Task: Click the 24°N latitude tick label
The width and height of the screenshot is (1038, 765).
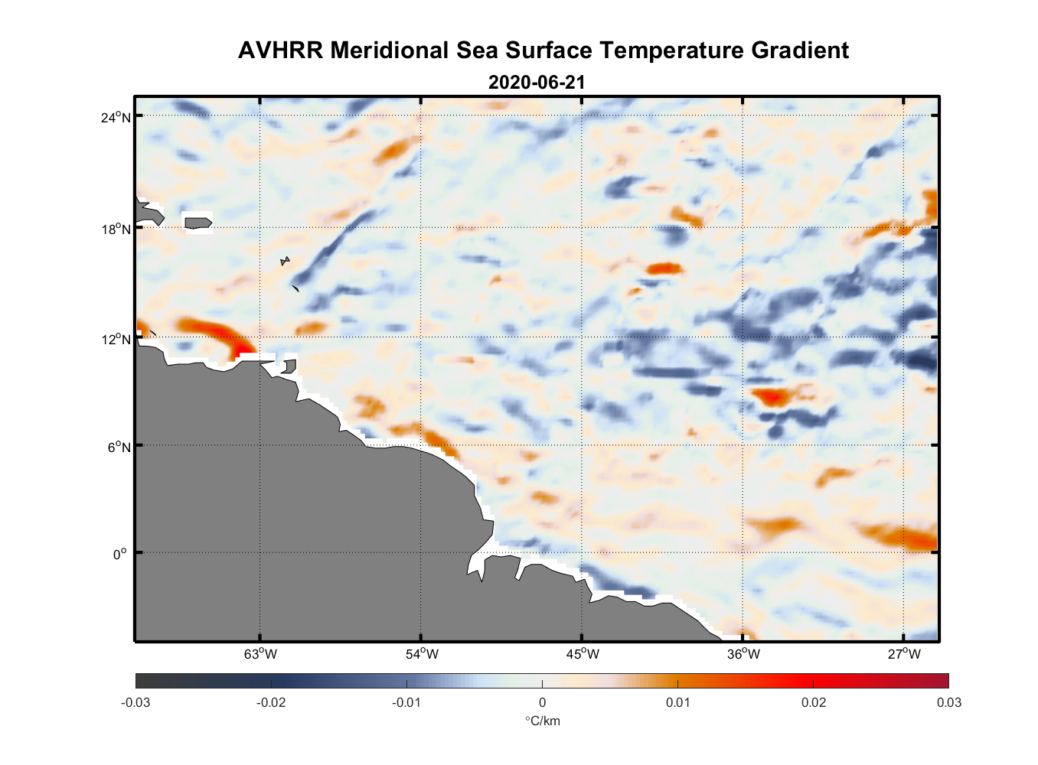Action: click(x=116, y=117)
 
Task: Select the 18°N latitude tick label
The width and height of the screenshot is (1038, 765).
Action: click(x=116, y=229)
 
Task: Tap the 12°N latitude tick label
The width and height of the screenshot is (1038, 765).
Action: click(x=116, y=339)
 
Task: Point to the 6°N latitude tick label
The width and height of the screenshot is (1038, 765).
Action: click(x=119, y=447)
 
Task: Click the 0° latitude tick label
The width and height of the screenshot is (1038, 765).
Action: click(x=120, y=554)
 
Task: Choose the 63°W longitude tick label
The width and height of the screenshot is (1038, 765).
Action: click(x=261, y=654)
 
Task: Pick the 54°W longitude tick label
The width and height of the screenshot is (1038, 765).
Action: click(x=422, y=654)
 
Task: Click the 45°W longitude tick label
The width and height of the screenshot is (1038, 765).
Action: click(x=583, y=654)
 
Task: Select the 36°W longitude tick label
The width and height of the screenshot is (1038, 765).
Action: click(x=743, y=654)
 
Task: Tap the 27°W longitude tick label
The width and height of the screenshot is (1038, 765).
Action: click(x=904, y=654)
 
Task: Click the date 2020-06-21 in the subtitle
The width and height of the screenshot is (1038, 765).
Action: click(x=537, y=83)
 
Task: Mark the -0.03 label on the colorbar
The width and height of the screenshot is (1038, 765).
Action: click(x=135, y=703)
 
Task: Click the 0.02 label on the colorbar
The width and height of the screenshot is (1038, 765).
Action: click(x=813, y=703)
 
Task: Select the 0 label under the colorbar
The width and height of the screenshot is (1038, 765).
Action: click(x=542, y=703)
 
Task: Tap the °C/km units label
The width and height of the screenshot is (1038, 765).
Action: click(x=542, y=721)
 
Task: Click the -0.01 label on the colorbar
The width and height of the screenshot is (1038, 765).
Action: click(x=406, y=703)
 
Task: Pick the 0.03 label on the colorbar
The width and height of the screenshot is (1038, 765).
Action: click(x=948, y=703)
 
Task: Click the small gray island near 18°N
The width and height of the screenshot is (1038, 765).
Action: click(x=197, y=223)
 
